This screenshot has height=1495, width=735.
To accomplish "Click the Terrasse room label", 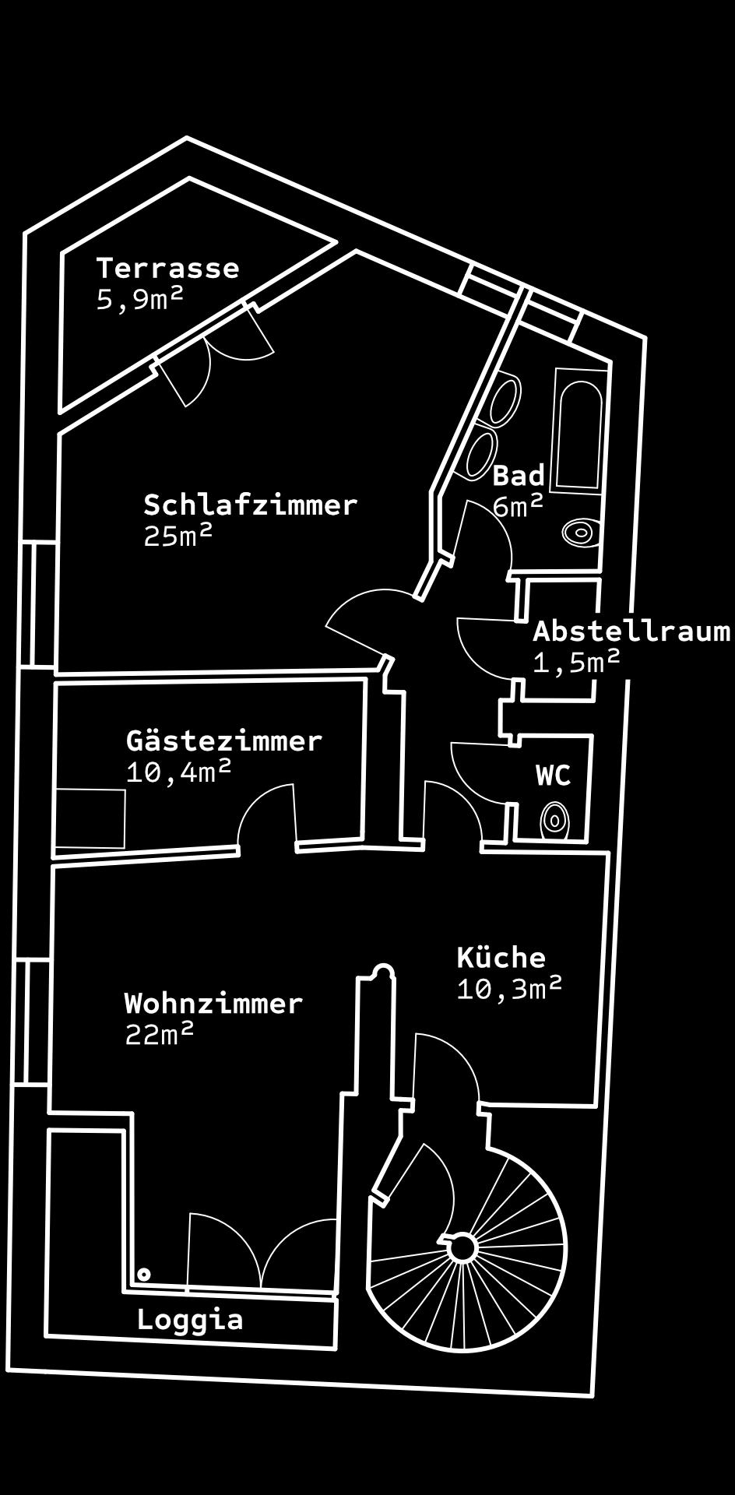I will coord(167,268).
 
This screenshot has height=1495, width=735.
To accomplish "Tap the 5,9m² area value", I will coord(140,299).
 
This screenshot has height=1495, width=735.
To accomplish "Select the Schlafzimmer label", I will coord(250,505).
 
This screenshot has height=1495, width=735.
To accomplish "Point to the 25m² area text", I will coord(178,536).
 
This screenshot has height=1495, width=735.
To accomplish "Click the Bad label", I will coord(519,475).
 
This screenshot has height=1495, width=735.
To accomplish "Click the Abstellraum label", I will coord(631,631).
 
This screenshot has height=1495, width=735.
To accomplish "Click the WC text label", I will coord(554,775).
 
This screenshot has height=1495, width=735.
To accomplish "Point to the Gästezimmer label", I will coord(224,740).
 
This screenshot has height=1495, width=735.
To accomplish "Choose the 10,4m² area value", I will coord(179,772).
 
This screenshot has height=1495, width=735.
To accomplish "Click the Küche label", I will coord(501,957).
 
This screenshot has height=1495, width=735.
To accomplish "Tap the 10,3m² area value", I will coord(509,988).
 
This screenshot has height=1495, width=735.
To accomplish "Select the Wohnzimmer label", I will coord(213,1003).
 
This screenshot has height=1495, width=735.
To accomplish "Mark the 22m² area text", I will coord(160,1034).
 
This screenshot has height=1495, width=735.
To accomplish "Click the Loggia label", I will coord(190,1319).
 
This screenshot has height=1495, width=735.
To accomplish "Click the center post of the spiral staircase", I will coord(463,1247).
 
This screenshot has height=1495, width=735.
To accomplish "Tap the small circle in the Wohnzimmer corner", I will coord(144,1275).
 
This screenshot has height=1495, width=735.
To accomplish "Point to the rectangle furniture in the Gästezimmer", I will coord(90,818).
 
